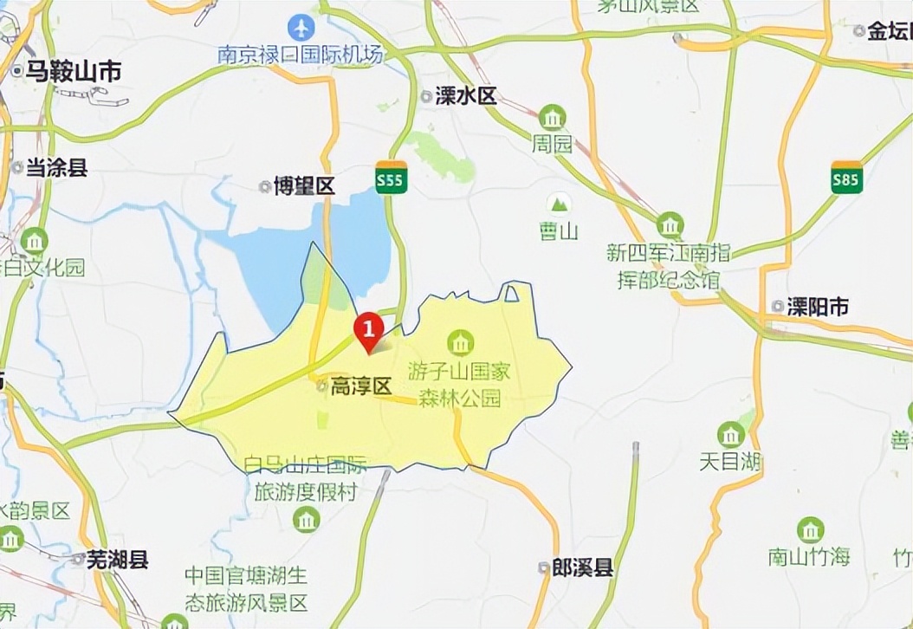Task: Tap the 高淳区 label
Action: (362, 386)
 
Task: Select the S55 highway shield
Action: (392, 178)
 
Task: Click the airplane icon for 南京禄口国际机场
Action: (301, 27)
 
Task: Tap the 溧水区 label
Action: (465, 96)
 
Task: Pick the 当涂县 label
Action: (55, 167)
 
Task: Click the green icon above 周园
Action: (552, 117)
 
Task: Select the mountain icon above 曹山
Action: (560, 204)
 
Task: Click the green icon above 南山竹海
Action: (810, 529)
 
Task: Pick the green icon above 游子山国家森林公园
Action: (460, 343)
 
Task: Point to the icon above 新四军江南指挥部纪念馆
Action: (670, 225)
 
